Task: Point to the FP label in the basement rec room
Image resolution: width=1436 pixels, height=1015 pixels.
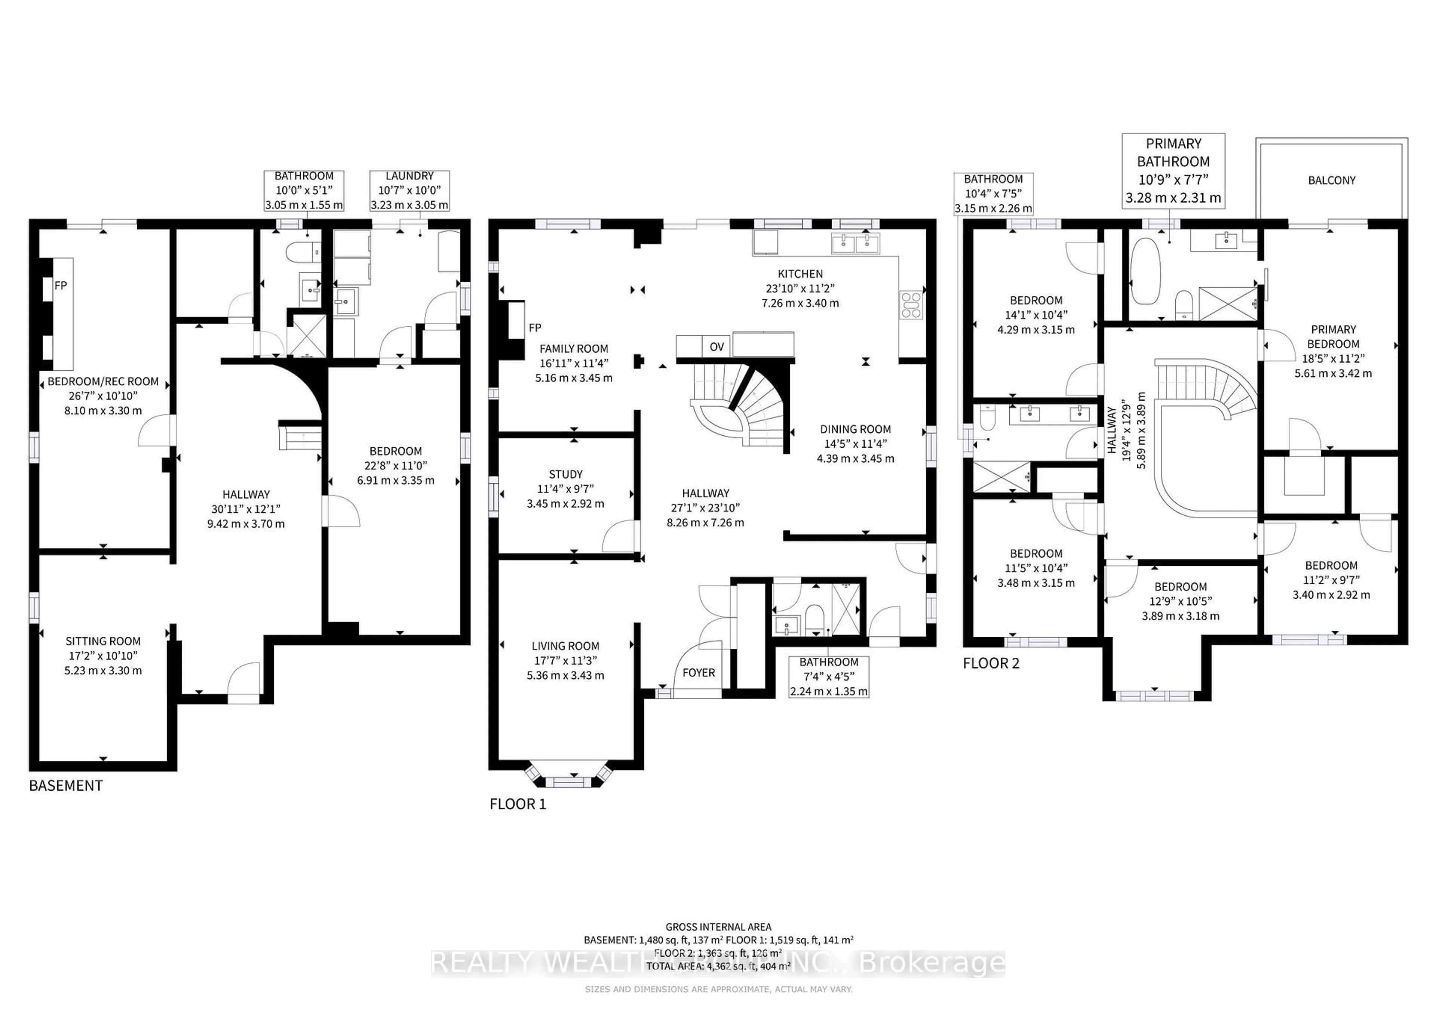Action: click(x=61, y=286)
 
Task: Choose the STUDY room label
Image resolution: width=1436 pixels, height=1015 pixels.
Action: click(x=565, y=474)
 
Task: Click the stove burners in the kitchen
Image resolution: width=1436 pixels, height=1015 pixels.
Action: click(x=911, y=305)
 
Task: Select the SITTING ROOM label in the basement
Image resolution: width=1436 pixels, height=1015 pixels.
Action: click(x=103, y=641)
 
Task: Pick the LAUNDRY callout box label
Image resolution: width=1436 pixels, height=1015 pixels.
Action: click(x=409, y=176)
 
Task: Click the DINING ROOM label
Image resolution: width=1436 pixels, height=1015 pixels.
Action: click(x=855, y=429)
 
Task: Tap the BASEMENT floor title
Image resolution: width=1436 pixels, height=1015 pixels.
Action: click(x=66, y=786)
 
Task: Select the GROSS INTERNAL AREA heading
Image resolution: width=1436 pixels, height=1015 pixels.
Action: click(x=718, y=927)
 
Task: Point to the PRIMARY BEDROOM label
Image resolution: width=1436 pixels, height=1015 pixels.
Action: click(x=1333, y=337)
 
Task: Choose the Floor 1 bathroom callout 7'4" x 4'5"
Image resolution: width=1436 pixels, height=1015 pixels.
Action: click(x=829, y=676)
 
